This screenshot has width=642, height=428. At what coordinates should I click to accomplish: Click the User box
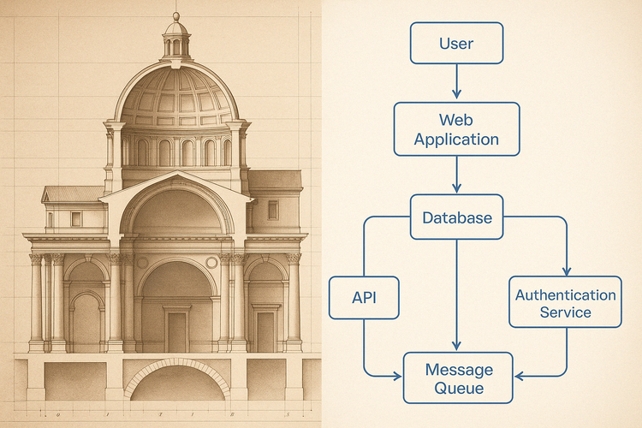pyautogui.click(x=456, y=43)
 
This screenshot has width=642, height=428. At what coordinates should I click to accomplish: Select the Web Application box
pyautogui.click(x=456, y=129)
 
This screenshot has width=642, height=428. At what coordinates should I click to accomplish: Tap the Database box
pyautogui.click(x=457, y=217)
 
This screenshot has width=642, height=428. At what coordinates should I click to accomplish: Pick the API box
pyautogui.click(x=364, y=297)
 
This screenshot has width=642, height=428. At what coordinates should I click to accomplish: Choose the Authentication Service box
pyautogui.click(x=565, y=303)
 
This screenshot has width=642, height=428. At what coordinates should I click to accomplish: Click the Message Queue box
pyautogui.click(x=459, y=378)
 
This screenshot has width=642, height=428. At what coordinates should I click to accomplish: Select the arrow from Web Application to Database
pyautogui.click(x=456, y=175)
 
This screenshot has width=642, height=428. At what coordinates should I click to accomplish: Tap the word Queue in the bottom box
pyautogui.click(x=459, y=389)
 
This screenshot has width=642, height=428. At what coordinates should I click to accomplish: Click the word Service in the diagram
pyautogui.click(x=565, y=312)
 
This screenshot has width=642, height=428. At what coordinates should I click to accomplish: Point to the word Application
pyautogui.click(x=456, y=139)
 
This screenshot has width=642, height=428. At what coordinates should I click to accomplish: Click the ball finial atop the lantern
pyautogui.click(x=176, y=15)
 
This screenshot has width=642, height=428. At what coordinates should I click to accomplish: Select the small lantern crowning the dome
pyautogui.click(x=176, y=39)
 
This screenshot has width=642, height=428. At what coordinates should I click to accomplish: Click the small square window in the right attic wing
pyautogui.click(x=272, y=210)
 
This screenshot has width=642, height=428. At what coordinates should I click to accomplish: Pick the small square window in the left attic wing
pyautogui.click(x=76, y=218)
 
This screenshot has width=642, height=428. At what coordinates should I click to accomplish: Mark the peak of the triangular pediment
pyautogui.click(x=177, y=174)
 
